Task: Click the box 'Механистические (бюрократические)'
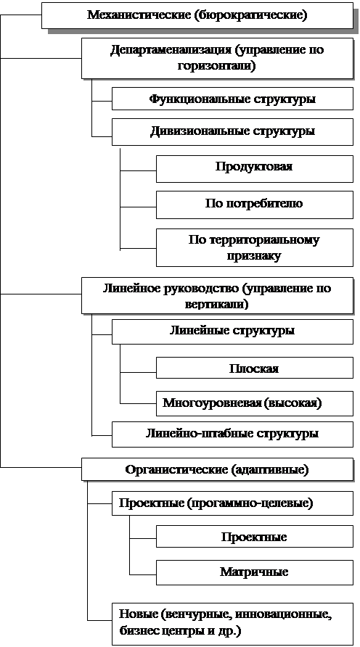pyautogui.click(x=197, y=16)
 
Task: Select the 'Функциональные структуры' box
pyautogui.click(x=232, y=99)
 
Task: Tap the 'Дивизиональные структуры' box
pyautogui.click(x=232, y=132)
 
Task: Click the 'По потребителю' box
pyautogui.click(x=255, y=205)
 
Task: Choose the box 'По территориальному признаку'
pyautogui.click(x=255, y=247)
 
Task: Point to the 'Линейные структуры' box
pyautogui.click(x=232, y=331)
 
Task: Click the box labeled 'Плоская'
pyautogui.click(x=255, y=368)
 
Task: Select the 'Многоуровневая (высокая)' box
pyautogui.click(x=255, y=403)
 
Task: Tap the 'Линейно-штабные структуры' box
pyautogui.click(x=232, y=434)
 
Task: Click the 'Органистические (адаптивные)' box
pyautogui.click(x=217, y=469)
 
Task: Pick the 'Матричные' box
pyautogui.click(x=255, y=572)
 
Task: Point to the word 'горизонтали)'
pyautogui.click(x=217, y=66)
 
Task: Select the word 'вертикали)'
pyautogui.click(x=217, y=305)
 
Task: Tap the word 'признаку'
pyautogui.click(x=254, y=256)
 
